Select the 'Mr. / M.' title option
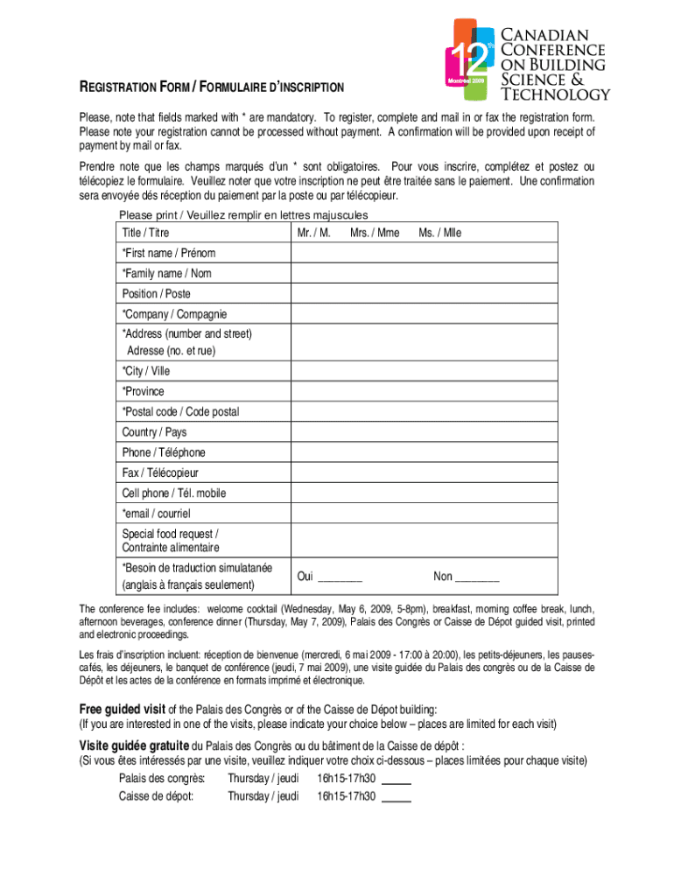[x=313, y=233]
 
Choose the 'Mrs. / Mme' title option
[x=374, y=233]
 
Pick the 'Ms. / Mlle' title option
[x=439, y=233]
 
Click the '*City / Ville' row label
[x=146, y=371]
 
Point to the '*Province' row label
[x=144, y=391]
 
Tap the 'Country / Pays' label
[x=154, y=432]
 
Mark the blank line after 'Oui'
[x=340, y=577]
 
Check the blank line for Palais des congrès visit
[x=397, y=780]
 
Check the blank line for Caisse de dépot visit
[x=397, y=797]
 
